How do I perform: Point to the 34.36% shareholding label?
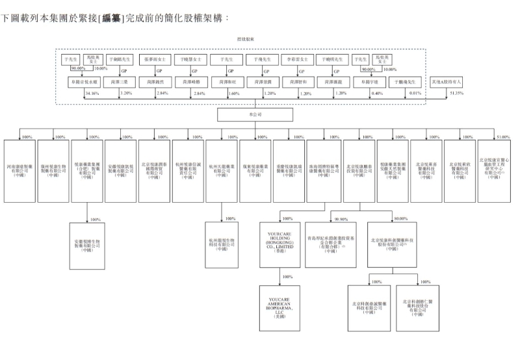pyautogui.click(x=92, y=93)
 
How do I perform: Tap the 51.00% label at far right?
pyautogui.click(x=503, y=137)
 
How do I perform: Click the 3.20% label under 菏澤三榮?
pyautogui.click(x=126, y=93)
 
